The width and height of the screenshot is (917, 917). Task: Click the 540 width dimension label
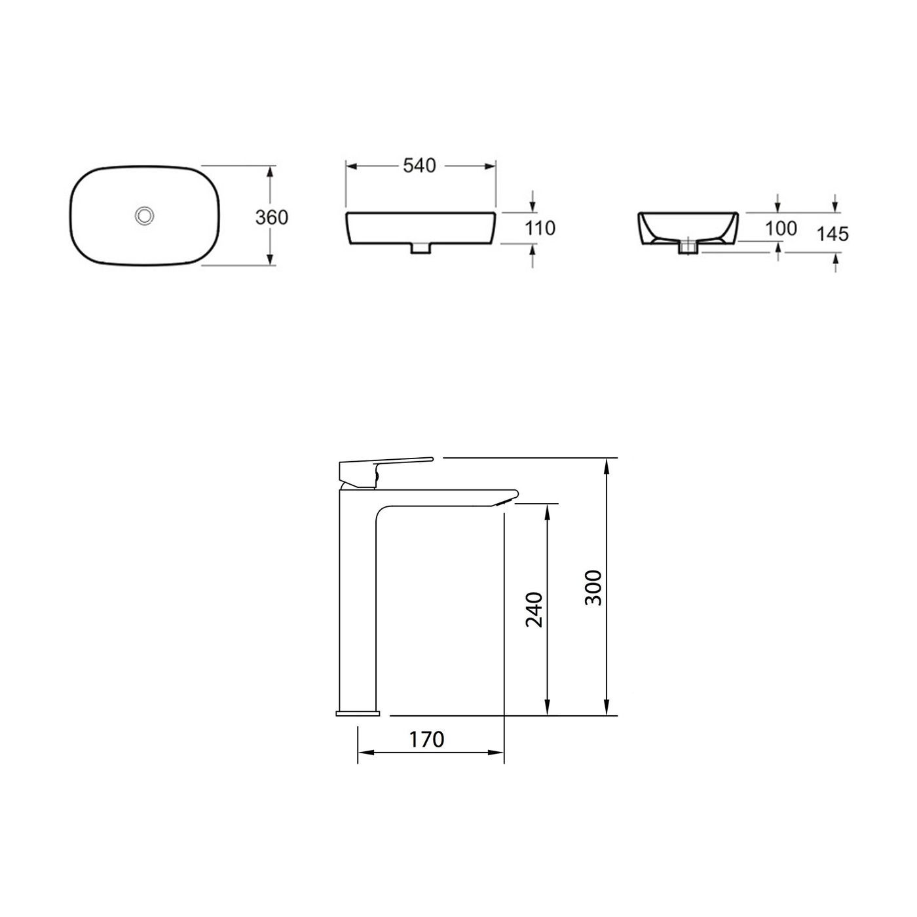(x=419, y=166)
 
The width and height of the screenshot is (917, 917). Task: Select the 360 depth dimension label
(x=271, y=217)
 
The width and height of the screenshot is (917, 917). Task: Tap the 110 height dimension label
(x=541, y=228)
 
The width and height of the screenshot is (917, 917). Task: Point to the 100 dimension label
(x=781, y=228)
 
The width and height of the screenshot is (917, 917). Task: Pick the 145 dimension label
(x=833, y=233)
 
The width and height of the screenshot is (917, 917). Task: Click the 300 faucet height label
(x=593, y=588)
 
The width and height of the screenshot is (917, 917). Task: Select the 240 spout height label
(x=534, y=609)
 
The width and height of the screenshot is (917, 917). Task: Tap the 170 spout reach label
(x=426, y=739)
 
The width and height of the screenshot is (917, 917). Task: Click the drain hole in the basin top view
(x=143, y=215)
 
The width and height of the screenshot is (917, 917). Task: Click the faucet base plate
(x=358, y=712)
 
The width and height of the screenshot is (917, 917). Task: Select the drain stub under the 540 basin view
(x=420, y=248)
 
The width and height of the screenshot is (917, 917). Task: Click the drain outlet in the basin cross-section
(x=687, y=248)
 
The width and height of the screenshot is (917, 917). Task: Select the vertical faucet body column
(x=357, y=603)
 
